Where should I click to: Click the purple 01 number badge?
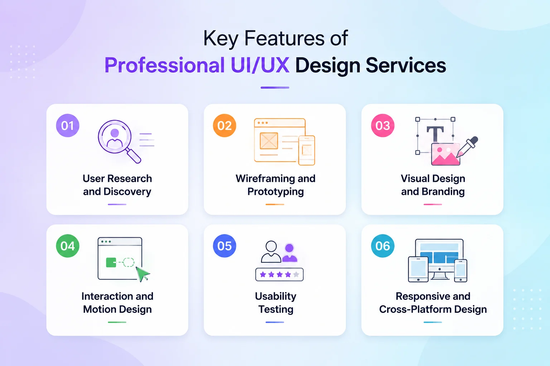[x=68, y=125]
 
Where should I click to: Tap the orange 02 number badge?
[x=225, y=125]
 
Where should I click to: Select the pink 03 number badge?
[x=382, y=125]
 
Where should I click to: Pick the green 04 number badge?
[x=68, y=246]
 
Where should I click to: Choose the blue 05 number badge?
[x=225, y=246]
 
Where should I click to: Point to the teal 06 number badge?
[x=382, y=246]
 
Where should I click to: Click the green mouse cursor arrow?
[x=143, y=274]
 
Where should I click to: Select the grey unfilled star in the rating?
[x=296, y=274]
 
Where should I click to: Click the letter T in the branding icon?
[x=435, y=134]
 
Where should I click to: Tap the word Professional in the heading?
[x=164, y=65]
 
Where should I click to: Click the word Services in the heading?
[x=406, y=65]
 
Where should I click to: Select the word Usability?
[x=275, y=296]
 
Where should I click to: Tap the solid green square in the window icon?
[x=111, y=263]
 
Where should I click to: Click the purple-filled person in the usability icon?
[x=290, y=253]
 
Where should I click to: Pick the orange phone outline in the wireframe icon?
[x=307, y=150]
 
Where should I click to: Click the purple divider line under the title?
[x=275, y=88]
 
